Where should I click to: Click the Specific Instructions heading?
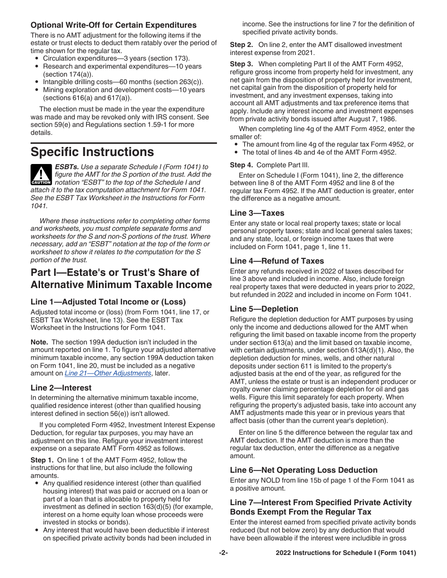[x=92, y=152]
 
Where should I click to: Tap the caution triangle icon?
[x=40, y=174]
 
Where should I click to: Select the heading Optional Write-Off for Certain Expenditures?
[x=113, y=25]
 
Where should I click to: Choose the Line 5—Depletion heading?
[x=264, y=309]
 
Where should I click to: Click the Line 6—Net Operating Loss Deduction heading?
[x=303, y=470]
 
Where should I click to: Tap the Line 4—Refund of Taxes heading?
[x=277, y=261]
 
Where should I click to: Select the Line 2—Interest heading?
[x=61, y=388]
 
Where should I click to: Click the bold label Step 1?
[x=41, y=460]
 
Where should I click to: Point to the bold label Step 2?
[x=241, y=45]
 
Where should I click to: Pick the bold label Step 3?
[x=241, y=64]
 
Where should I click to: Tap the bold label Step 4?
[x=241, y=165]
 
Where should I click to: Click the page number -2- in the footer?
[x=223, y=553]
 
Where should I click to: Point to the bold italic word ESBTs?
[x=66, y=167]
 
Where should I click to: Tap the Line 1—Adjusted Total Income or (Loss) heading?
[x=108, y=302]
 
